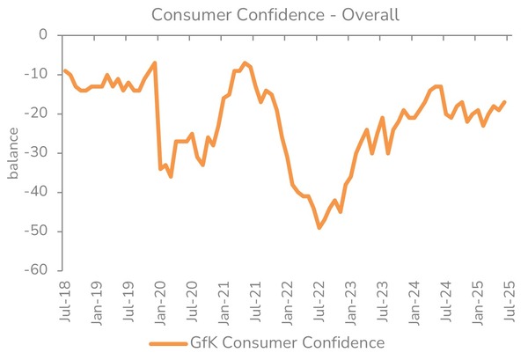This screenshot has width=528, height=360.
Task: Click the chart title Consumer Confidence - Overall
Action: click(x=263, y=15)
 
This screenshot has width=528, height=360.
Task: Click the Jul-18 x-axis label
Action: click(x=64, y=299)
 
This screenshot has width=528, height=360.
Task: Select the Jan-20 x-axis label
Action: click(x=160, y=299)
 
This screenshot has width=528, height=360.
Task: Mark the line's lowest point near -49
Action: click(x=319, y=228)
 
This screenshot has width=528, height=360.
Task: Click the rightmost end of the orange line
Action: click(x=504, y=102)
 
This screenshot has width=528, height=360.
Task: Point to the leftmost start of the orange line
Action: click(x=64, y=70)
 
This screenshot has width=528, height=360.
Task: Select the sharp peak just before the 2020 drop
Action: click(x=155, y=62)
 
